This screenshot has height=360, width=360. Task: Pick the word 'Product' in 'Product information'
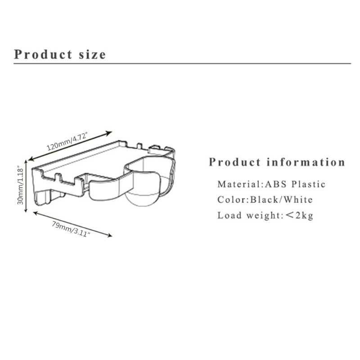click(234, 162)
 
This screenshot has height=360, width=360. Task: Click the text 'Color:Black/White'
click(265, 199)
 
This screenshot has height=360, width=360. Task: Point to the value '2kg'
click(304, 215)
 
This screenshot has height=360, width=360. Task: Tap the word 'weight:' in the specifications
click(263, 216)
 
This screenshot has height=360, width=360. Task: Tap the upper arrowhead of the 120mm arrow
click(109, 132)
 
